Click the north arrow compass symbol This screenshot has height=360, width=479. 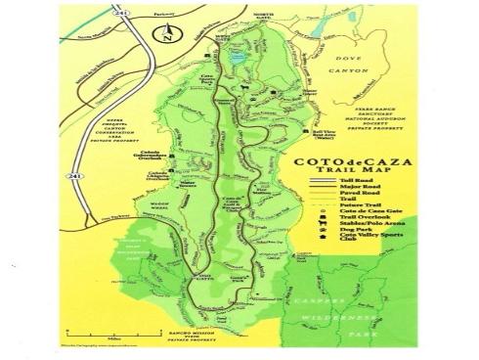click(167, 36)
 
